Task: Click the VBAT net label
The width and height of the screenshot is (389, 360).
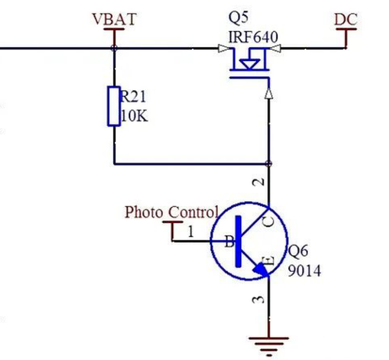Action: (115, 19)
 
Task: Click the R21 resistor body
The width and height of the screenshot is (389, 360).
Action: (114, 106)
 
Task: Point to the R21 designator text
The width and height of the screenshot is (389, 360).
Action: (134, 97)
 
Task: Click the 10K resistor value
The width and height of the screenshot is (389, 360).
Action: (134, 117)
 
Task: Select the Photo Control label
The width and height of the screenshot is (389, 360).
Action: (171, 212)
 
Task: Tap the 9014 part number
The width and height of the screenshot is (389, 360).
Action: (304, 270)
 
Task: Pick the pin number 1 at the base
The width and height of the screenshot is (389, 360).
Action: (191, 230)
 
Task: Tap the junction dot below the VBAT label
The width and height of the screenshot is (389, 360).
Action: (115, 48)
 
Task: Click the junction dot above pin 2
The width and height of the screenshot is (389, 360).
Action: (268, 163)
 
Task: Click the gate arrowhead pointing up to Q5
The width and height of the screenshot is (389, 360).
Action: (268, 95)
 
